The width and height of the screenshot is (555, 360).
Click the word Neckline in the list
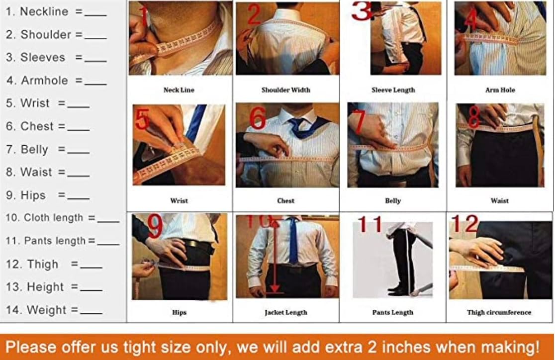(x=44, y=11)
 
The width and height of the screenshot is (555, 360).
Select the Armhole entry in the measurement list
(x=56, y=81)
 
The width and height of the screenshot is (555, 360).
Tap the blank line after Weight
(x=92, y=313)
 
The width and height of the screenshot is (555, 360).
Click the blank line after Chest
(x=78, y=130)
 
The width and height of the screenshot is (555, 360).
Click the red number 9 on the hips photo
(x=155, y=225)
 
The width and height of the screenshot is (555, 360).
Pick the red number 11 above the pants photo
(x=370, y=224)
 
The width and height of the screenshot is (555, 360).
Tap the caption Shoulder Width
(x=285, y=90)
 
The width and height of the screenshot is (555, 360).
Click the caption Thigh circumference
(x=499, y=312)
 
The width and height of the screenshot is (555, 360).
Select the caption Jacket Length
(x=286, y=312)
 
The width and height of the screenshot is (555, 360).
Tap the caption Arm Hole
(x=500, y=90)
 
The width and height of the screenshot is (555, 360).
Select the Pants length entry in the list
(x=63, y=241)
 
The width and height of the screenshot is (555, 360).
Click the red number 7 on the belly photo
(x=359, y=121)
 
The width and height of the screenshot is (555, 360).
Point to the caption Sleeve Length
(x=393, y=90)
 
